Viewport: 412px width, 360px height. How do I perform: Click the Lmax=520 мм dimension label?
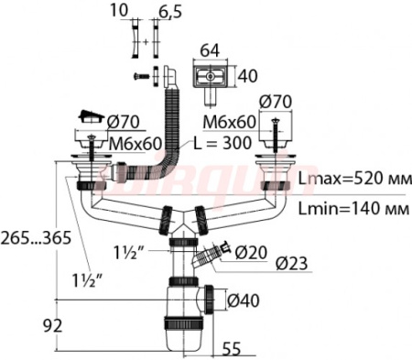point(355,179)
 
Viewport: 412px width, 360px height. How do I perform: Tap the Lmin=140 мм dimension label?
point(353,209)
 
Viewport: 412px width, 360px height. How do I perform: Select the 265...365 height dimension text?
point(36,237)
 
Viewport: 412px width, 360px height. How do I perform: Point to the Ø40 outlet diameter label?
point(244,300)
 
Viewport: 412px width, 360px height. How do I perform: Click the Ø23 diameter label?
point(291,263)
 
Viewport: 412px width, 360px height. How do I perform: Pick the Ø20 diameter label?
point(251,252)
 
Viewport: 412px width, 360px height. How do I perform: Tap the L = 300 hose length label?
point(222,143)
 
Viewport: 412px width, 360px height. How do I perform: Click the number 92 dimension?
point(52,325)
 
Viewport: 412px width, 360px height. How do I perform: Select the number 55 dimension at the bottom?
point(232,348)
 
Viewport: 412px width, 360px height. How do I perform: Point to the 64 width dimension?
point(211,50)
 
